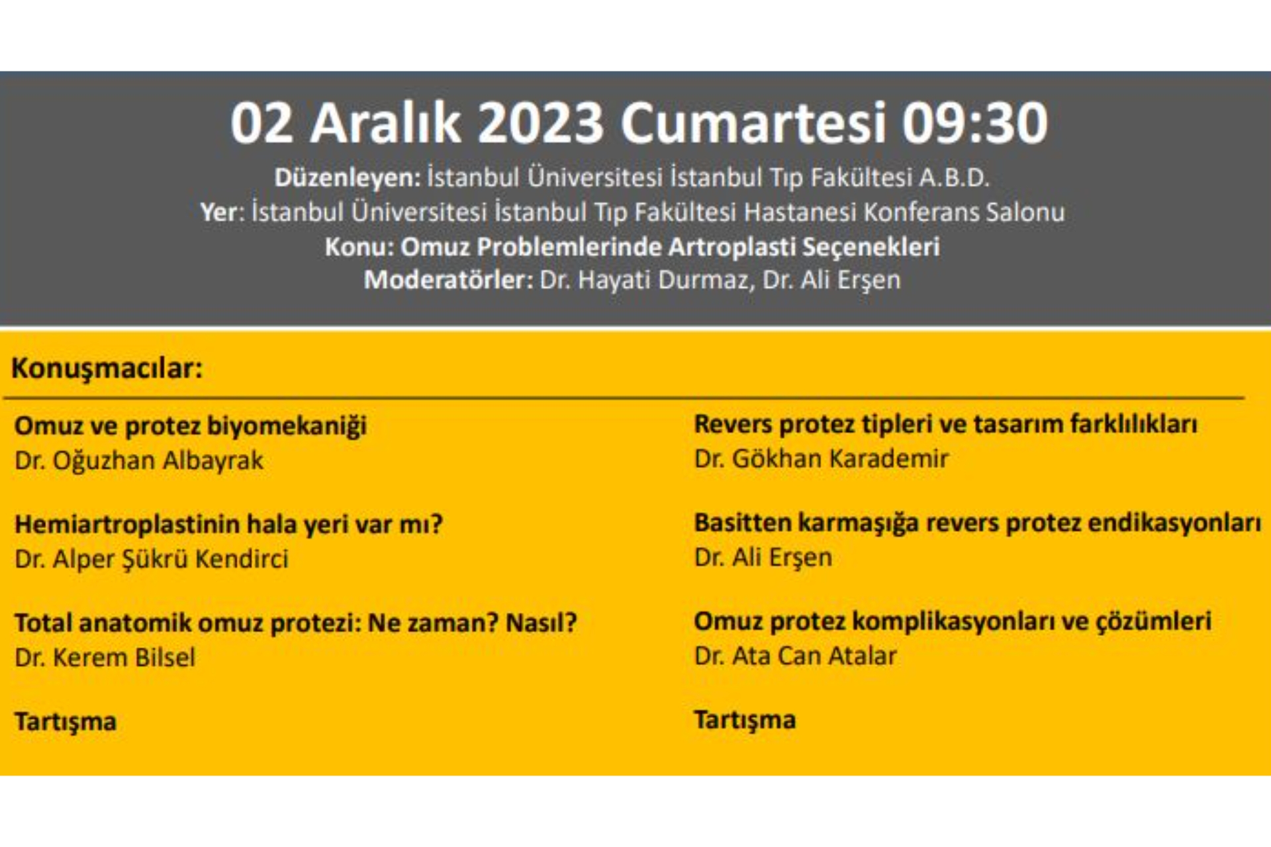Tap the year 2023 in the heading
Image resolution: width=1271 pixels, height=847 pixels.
click(x=540, y=122)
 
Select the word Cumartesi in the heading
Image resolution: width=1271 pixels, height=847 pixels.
click(x=753, y=122)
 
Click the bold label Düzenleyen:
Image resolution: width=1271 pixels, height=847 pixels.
click(x=348, y=177)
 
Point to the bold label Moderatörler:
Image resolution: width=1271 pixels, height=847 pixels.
click(x=449, y=280)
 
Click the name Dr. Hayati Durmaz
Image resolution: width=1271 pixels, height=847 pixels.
click(x=647, y=280)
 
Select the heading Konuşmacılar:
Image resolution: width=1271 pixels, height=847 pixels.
click(x=107, y=369)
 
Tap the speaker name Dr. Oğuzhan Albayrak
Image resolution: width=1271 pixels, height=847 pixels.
click(x=139, y=461)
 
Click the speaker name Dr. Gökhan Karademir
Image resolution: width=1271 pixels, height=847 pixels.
click(x=822, y=459)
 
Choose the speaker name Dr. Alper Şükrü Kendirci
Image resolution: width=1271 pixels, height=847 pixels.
click(x=152, y=559)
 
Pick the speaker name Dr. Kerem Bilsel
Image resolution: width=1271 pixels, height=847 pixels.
click(x=105, y=658)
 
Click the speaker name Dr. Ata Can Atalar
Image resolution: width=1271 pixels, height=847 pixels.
click(x=795, y=656)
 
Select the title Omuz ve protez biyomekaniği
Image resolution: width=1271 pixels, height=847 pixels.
click(x=191, y=426)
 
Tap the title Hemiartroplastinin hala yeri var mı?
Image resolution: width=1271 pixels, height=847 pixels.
click(x=228, y=524)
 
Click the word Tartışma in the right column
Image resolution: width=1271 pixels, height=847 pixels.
click(x=745, y=720)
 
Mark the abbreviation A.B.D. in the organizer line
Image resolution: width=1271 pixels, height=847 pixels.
click(x=954, y=177)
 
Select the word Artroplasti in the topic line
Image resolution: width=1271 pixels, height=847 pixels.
click(x=731, y=247)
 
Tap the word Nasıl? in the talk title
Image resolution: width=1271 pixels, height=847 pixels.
click(x=541, y=623)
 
